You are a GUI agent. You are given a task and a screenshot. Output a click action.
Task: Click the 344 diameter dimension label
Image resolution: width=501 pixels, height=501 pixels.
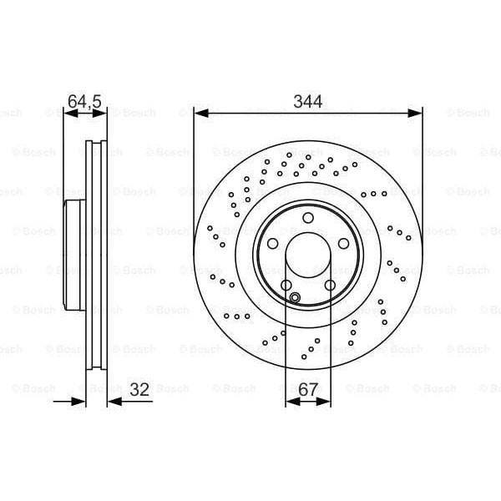[308, 101]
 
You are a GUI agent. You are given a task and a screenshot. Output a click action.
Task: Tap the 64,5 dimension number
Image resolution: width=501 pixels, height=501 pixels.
[84, 101]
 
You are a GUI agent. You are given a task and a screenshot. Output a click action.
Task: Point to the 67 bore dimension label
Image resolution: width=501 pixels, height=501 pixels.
[308, 388]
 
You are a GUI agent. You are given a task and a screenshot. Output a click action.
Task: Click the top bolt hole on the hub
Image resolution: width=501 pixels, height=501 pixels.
[308, 218]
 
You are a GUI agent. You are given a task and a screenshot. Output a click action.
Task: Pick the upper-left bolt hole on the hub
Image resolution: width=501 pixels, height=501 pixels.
[272, 244]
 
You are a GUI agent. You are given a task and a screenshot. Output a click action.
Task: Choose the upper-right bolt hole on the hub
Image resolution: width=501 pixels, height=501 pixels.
[344, 244]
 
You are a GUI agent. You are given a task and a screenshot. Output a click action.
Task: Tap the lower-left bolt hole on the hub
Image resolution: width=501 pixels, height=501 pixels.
[286, 286]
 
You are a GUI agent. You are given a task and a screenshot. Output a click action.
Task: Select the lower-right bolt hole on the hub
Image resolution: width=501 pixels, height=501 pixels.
[330, 286]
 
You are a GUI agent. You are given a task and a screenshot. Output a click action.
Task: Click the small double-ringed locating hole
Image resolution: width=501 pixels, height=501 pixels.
[294, 298]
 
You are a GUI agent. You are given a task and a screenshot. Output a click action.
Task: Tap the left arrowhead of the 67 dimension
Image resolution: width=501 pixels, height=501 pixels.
[291, 402]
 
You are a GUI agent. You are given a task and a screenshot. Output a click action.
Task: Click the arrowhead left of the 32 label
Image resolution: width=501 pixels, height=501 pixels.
[80, 402]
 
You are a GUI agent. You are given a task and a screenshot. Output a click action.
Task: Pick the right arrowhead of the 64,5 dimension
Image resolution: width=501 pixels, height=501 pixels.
[103, 113]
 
